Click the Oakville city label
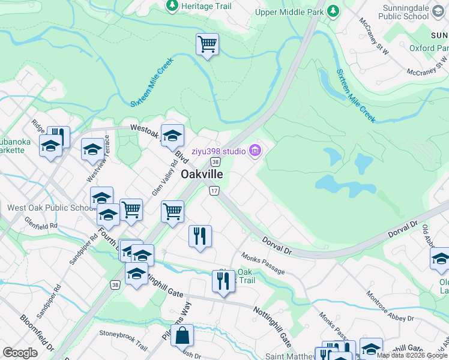coord(202,174)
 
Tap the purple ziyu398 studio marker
coord(255,150)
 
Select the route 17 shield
coord(214,190)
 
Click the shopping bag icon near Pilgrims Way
coord(182,335)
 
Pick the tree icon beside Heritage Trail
coord(172,5)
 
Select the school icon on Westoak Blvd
coord(172,135)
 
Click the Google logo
coord(20,352)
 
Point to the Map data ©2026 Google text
coord(411,355)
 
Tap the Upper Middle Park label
coord(289,11)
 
